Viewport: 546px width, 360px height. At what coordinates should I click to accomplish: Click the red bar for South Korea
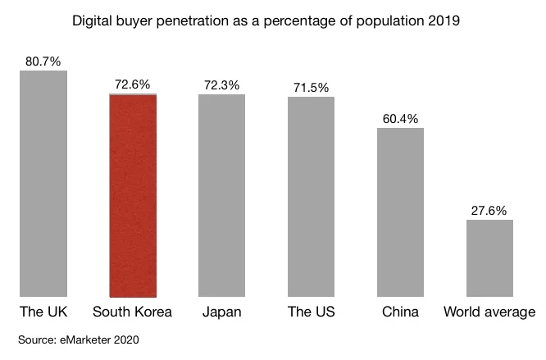pyautogui.click(x=133, y=195)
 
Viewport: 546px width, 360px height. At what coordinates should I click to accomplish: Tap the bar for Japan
pyautogui.click(x=221, y=195)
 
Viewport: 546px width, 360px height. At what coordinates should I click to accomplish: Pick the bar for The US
pyautogui.click(x=311, y=197)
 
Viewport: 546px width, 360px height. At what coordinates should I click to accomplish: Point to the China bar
pyautogui.click(x=400, y=212)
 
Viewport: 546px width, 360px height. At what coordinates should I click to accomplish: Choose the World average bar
pyautogui.click(x=489, y=257)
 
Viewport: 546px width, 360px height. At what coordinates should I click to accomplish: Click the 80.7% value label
pyautogui.click(x=43, y=61)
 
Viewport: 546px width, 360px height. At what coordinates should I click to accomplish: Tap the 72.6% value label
pyautogui.click(x=133, y=84)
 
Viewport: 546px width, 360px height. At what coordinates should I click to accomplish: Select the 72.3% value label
pyautogui.click(x=221, y=84)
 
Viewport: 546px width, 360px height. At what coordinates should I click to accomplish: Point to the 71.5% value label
pyautogui.click(x=311, y=87)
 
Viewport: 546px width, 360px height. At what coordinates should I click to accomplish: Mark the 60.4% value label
pyautogui.click(x=400, y=118)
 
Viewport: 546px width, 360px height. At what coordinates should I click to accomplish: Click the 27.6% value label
pyautogui.click(x=489, y=210)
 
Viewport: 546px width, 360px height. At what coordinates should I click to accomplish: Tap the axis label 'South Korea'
pyautogui.click(x=133, y=312)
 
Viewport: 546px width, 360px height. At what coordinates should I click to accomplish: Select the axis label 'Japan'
pyautogui.click(x=221, y=312)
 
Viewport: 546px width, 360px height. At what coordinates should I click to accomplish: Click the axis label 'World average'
pyautogui.click(x=489, y=312)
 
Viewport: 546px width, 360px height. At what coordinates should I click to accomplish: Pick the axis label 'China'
pyautogui.click(x=400, y=312)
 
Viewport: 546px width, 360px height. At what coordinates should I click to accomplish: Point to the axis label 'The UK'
pyautogui.click(x=43, y=312)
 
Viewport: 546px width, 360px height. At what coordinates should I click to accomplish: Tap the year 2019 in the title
pyautogui.click(x=444, y=20)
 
